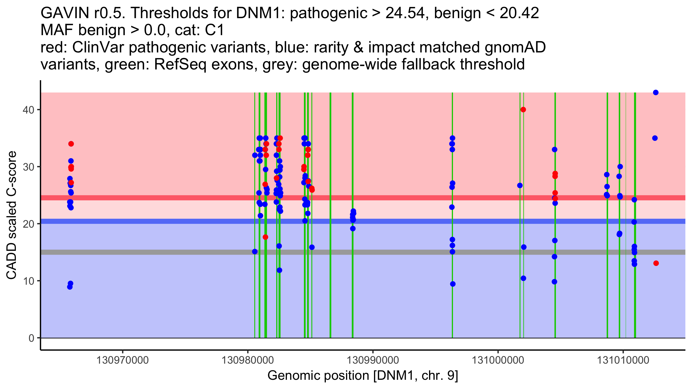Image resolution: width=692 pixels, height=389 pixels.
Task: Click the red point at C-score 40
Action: (x=523, y=109)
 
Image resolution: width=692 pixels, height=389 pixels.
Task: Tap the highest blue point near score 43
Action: (x=656, y=92)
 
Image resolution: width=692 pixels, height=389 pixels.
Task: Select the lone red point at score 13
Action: (x=656, y=263)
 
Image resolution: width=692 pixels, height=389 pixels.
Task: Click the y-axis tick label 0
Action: (x=31, y=338)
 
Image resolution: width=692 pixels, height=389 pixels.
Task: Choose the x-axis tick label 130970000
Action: (x=123, y=360)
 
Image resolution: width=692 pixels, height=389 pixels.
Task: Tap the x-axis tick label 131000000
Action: (x=498, y=360)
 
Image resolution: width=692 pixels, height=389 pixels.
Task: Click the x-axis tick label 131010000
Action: (x=623, y=360)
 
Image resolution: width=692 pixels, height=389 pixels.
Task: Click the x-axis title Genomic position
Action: (x=363, y=376)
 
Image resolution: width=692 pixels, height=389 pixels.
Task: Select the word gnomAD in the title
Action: (x=515, y=47)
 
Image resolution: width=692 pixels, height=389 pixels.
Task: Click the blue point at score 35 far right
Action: (x=655, y=138)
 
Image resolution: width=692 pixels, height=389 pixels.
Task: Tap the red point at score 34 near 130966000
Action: (x=71, y=144)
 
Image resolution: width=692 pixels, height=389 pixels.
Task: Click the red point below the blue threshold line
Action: (x=265, y=237)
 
